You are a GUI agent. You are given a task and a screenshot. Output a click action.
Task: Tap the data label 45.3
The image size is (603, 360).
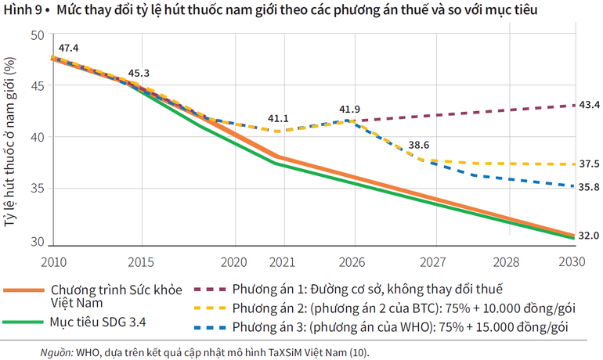(140, 74)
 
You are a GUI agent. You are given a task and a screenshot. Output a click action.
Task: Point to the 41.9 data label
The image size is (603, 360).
(349, 109)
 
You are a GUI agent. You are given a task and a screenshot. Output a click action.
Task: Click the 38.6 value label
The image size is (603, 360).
(419, 145)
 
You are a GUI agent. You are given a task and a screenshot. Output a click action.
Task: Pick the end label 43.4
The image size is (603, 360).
(589, 105)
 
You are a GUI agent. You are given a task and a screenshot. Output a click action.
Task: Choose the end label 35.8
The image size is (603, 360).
(589, 187)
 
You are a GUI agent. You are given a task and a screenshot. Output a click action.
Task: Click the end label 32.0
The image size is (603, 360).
(589, 235)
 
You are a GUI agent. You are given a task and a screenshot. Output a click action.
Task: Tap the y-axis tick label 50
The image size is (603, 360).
(37, 36)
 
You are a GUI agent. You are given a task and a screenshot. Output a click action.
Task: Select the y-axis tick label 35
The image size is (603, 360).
(37, 189)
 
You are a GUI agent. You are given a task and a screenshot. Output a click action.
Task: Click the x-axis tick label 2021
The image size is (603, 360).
(279, 261)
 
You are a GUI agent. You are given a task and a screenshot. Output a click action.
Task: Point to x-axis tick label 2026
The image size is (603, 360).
(349, 261)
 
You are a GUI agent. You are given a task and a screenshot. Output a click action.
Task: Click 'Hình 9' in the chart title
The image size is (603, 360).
(23, 10)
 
